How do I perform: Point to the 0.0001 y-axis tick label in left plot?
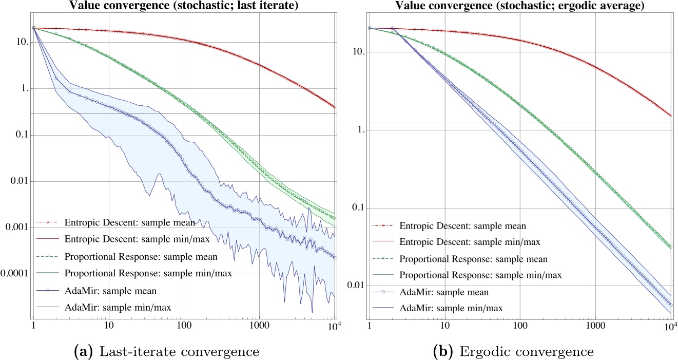click(15, 273)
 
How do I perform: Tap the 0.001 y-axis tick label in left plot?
click(17, 227)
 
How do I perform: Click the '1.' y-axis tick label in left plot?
click(23, 89)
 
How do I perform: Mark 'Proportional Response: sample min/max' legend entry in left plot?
click(141, 273)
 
